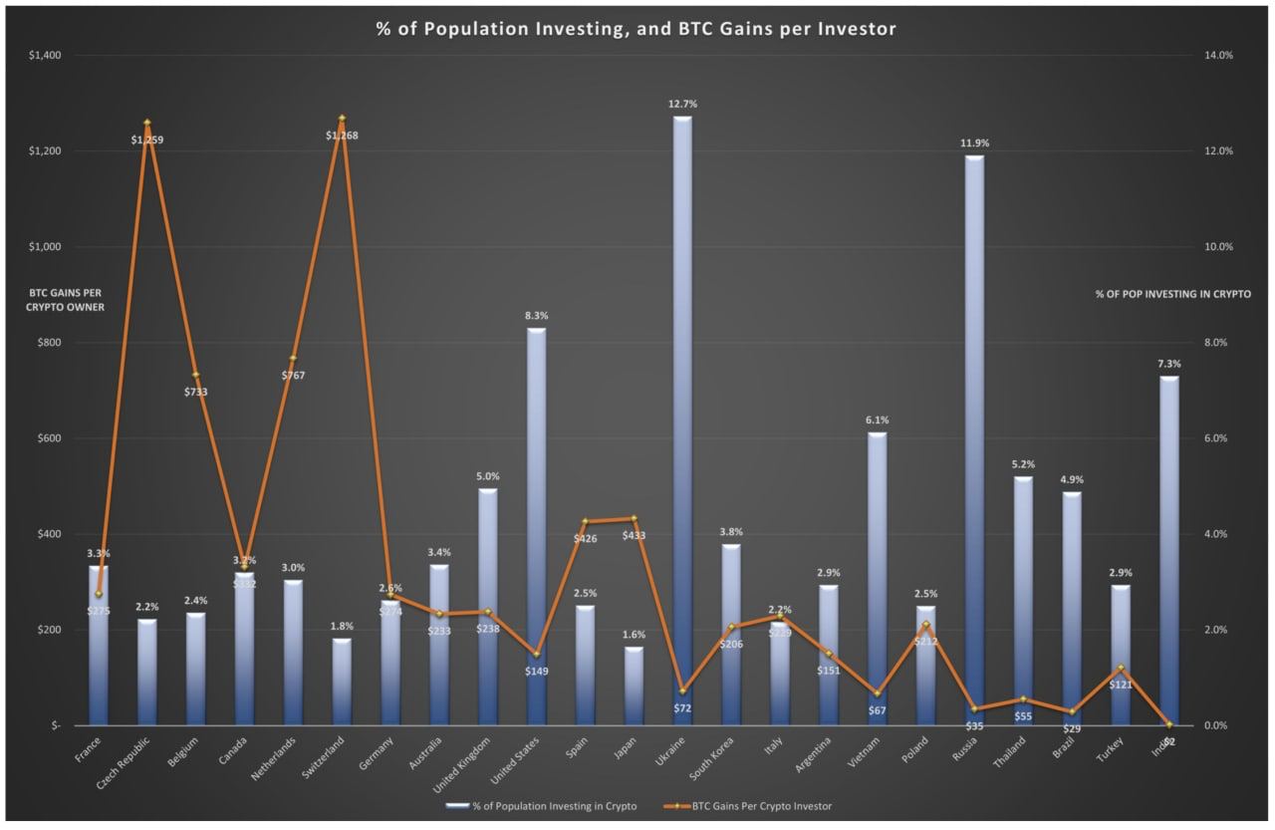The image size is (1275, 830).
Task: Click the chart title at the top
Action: tap(636, 29)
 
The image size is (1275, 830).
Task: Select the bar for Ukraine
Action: tap(682, 418)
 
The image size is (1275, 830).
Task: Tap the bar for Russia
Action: tap(974, 438)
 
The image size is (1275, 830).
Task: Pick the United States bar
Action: tap(536, 528)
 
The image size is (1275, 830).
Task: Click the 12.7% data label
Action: tap(683, 104)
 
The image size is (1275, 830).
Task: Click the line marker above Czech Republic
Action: tap(146, 123)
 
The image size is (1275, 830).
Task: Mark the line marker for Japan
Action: tap(634, 518)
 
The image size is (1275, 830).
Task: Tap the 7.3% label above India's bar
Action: tap(1169, 364)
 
